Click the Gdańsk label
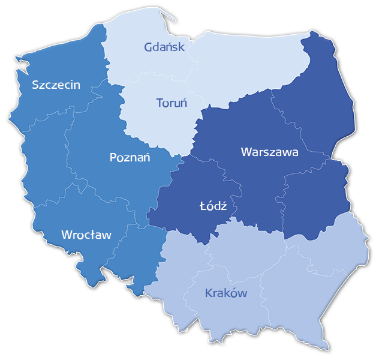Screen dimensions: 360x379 pyautogui.click(x=165, y=47)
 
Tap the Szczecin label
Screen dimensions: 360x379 pyautogui.click(x=56, y=85)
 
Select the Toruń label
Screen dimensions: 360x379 pyautogui.click(x=172, y=103)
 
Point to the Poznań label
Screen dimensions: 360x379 pyautogui.click(x=130, y=158)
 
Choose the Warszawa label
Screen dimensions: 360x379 pyautogui.click(x=269, y=152)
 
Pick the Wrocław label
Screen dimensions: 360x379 pyautogui.click(x=86, y=235)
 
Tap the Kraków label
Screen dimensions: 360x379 pyautogui.click(x=226, y=293)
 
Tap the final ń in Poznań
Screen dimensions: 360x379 pyautogui.click(x=146, y=157)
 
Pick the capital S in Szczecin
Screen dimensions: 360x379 pyautogui.click(x=36, y=85)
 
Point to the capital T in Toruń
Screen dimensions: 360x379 pyautogui.click(x=160, y=103)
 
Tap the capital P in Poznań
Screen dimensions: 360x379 pyautogui.click(x=114, y=158)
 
